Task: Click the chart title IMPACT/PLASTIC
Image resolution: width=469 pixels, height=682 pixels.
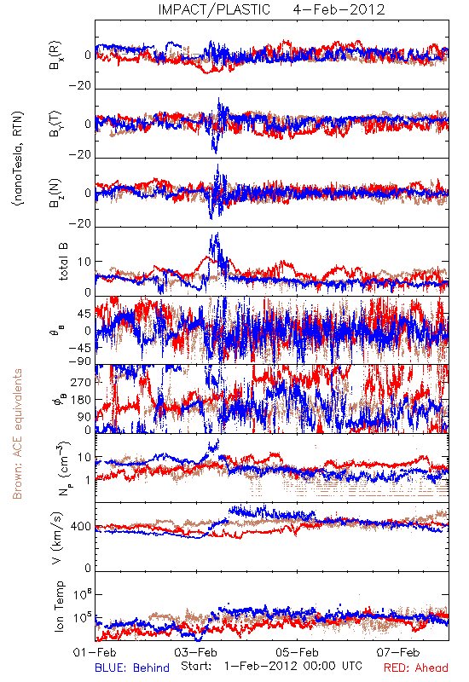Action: [214, 9]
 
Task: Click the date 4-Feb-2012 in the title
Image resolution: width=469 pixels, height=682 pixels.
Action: [339, 9]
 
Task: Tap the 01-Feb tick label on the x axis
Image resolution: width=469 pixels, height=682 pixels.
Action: [95, 652]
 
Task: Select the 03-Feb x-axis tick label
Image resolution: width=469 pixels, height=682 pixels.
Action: [196, 652]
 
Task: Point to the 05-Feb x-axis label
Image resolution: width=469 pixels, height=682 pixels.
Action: [297, 652]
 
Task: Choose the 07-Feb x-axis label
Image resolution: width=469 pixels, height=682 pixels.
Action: [398, 652]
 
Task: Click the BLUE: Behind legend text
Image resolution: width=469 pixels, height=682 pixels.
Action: [132, 668]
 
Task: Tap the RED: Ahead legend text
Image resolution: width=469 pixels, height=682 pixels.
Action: [416, 668]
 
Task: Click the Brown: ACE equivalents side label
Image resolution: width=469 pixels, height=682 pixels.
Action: [17, 434]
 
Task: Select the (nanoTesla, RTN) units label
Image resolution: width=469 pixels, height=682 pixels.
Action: [18, 159]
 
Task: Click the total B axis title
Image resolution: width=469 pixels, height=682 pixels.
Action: [62, 262]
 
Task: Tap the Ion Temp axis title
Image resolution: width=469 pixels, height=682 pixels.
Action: [59, 606]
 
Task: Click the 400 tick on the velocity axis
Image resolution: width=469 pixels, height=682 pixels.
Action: [81, 527]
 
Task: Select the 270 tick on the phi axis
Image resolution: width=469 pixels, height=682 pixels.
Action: [81, 382]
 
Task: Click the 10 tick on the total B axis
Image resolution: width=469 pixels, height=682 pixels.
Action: [84, 262]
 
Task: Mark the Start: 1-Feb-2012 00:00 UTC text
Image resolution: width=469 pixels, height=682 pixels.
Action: [271, 666]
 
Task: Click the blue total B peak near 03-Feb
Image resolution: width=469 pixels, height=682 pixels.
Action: [217, 233]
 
